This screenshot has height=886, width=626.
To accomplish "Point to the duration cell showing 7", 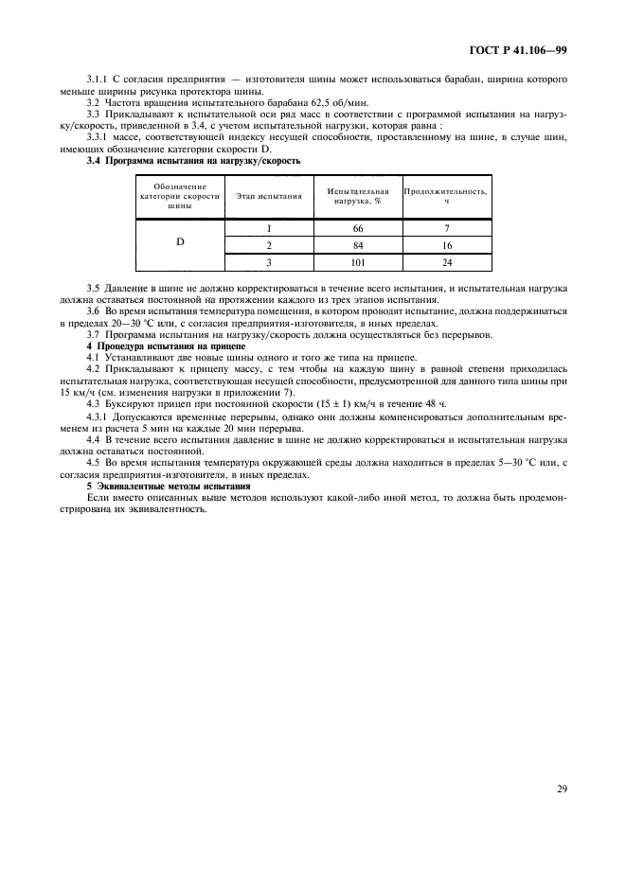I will point(446,228).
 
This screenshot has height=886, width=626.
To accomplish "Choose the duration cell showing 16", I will point(446,245).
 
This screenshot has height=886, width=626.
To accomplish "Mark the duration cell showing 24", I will point(446,262).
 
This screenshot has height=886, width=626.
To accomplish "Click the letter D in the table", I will point(179,242).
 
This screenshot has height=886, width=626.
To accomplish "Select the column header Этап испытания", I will point(269,196).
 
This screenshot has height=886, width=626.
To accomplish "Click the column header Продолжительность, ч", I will point(446,196).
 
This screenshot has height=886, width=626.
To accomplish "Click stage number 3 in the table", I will point(269,262).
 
